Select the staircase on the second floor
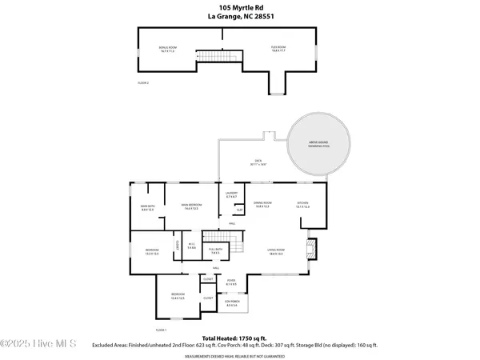click(x=220, y=55)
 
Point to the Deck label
click(x=258, y=162)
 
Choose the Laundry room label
click(x=232, y=195)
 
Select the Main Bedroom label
click(x=190, y=206)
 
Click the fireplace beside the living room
click(x=312, y=246)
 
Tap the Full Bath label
click(x=214, y=250)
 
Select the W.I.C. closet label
click(x=192, y=246)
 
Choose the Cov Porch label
click(x=233, y=304)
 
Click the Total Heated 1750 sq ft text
click(x=240, y=338)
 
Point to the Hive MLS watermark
click(x=38, y=345)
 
